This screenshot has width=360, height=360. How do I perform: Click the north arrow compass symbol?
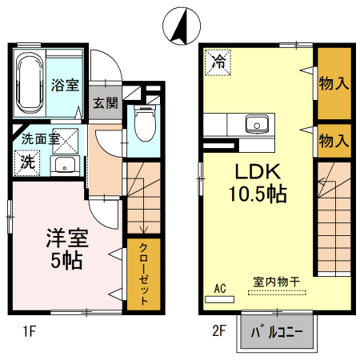pos(182,26)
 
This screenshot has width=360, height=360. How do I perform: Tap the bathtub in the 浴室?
pos(30,83)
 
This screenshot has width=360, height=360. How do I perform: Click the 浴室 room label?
pos(65,85)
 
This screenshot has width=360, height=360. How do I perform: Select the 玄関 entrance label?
pos(106,103)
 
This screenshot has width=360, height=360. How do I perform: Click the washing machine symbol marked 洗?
pos(27,162)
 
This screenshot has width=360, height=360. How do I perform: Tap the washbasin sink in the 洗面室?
pos(65,166)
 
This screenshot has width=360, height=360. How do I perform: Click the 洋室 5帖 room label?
pos(66,249)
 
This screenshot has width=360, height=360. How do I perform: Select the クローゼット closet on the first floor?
pos(143,274)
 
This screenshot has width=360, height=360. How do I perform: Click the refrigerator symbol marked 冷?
pos(218,62)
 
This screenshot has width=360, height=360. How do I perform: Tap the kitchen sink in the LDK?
pos(257,124)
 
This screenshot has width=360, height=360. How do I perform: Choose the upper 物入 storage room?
pos(334,83)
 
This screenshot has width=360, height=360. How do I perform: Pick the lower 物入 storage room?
pos(334,141)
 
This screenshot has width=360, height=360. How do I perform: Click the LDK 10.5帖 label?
pos(258,182)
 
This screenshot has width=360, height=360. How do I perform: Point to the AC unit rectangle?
pos(219,299)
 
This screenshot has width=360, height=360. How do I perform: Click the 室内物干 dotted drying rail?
pos(277,293)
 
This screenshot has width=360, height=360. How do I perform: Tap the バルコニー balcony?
pos(277,332)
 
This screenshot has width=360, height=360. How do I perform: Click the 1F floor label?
pos(30,332)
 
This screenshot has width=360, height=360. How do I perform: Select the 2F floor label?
pos(219,331)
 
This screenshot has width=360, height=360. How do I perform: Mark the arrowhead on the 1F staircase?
pos(144,230)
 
